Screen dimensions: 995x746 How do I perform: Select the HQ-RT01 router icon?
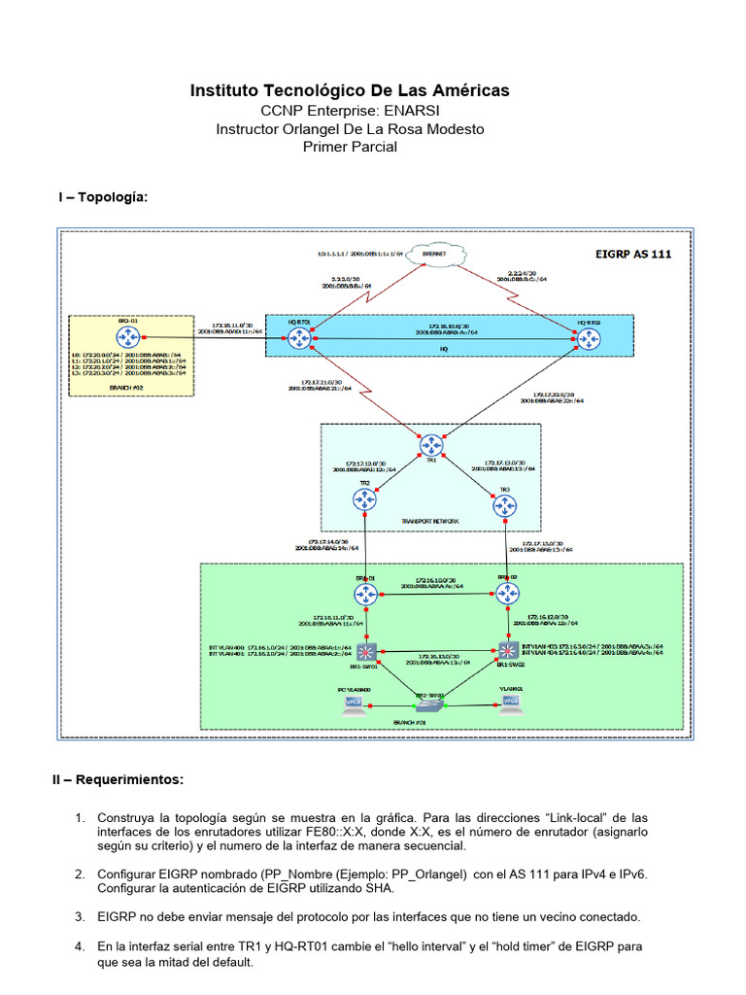click(x=298, y=337)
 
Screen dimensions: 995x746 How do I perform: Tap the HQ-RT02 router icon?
click(x=589, y=337)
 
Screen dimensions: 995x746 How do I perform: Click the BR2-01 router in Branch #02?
click(x=127, y=337)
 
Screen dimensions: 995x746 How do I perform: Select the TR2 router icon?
click(x=364, y=501)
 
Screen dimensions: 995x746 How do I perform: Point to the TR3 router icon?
click(x=504, y=504)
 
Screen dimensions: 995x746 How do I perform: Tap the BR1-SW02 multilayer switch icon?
click(x=506, y=650)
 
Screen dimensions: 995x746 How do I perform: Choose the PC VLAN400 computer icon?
click(x=354, y=707)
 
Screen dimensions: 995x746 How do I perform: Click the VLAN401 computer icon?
click(x=505, y=707)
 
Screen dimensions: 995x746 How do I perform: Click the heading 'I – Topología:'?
click(x=104, y=197)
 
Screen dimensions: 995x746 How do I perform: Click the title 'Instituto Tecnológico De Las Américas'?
click(x=350, y=90)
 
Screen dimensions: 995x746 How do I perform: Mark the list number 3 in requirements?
click(x=80, y=916)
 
